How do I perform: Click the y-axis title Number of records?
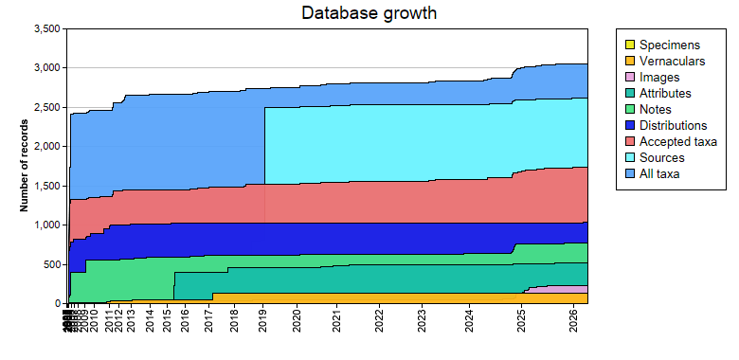(27, 166)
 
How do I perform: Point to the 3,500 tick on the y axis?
(46, 29)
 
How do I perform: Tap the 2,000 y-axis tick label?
(46, 147)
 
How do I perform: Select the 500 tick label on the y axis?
(51, 264)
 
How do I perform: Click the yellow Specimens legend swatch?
(628, 45)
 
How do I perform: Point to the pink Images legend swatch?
(628, 78)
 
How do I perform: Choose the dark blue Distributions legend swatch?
(628, 126)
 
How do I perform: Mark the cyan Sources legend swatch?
(628, 158)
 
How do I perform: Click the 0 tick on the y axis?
(59, 303)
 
